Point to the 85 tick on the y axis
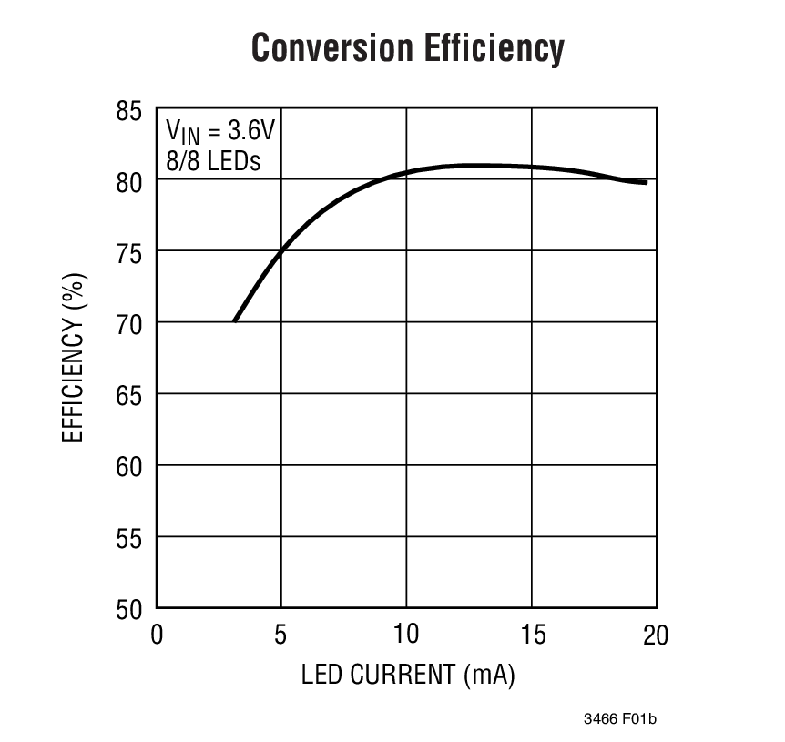(x=129, y=113)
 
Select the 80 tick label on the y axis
(x=129, y=181)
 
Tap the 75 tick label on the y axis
(x=129, y=252)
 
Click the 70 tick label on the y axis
(x=129, y=323)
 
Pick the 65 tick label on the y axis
(x=129, y=394)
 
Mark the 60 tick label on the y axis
(x=129, y=466)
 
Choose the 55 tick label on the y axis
(x=129, y=537)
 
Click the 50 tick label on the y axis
(x=129, y=608)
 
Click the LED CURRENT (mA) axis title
(x=407, y=676)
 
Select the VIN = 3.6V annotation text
(x=219, y=130)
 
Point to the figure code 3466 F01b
(x=620, y=719)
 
